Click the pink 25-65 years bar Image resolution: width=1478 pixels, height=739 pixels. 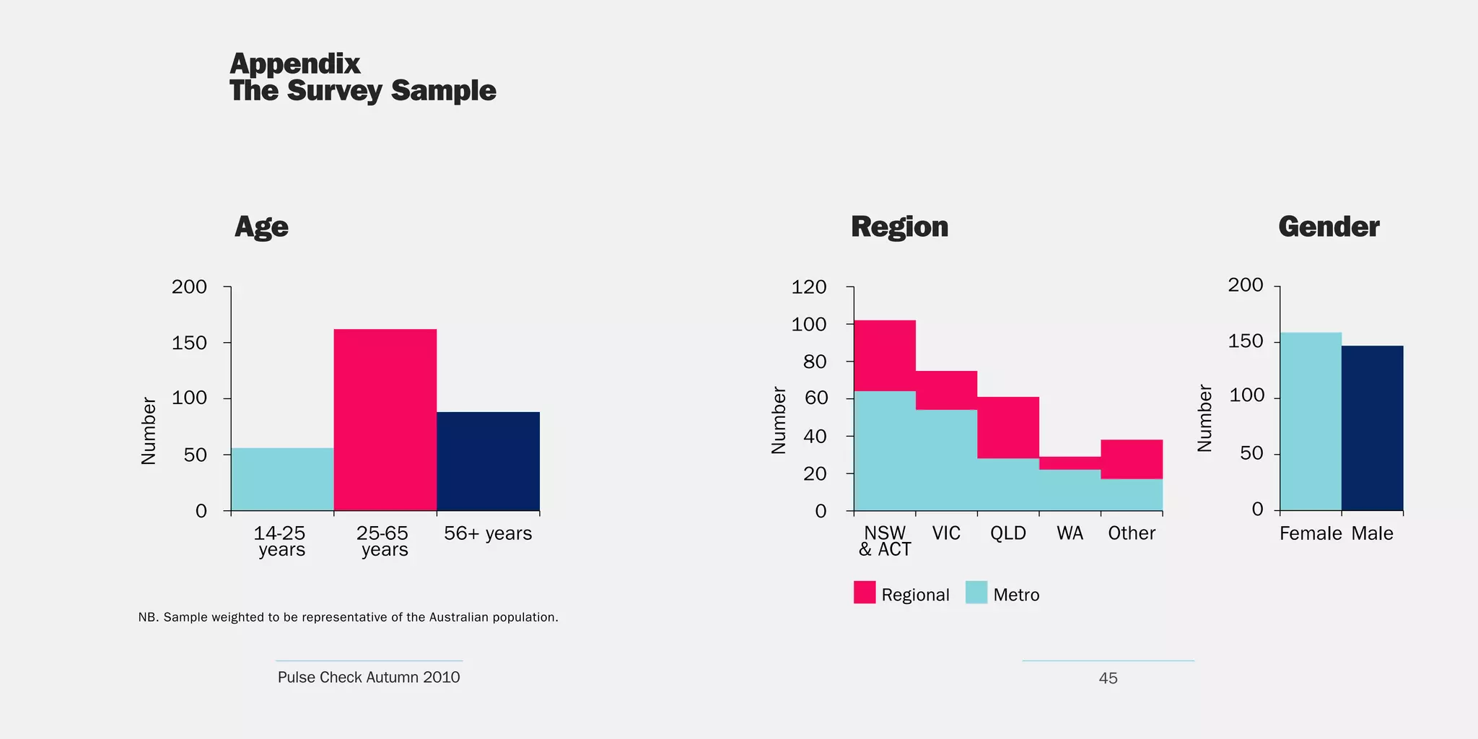(x=385, y=419)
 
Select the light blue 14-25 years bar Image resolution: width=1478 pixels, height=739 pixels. (x=282, y=479)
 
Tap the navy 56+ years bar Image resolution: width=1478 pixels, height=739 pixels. (x=488, y=461)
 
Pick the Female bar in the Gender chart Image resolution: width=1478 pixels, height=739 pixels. (x=1311, y=421)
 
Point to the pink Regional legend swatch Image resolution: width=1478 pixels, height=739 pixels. (x=865, y=592)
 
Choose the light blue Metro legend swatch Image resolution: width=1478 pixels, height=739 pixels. (x=976, y=592)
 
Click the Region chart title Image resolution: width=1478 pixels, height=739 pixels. (x=899, y=227)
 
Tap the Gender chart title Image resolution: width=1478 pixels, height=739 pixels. (x=1329, y=227)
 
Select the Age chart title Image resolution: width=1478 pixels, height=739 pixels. (x=261, y=227)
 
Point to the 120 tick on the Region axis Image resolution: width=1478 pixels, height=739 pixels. (x=809, y=287)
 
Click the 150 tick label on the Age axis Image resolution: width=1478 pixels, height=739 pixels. (x=189, y=343)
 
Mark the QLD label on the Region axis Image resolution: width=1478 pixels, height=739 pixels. (x=1008, y=533)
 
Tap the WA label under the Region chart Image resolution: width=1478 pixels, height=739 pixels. (x=1070, y=533)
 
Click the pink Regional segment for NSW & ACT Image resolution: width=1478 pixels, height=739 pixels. (x=885, y=355)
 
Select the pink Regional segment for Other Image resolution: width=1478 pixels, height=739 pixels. (x=1132, y=459)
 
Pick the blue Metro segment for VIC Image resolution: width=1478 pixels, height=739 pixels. (x=946, y=460)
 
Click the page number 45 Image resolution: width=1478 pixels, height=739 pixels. (x=1108, y=678)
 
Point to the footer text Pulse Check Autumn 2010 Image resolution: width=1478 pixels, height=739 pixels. (x=369, y=677)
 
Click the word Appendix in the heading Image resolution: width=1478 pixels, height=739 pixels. (x=294, y=64)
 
